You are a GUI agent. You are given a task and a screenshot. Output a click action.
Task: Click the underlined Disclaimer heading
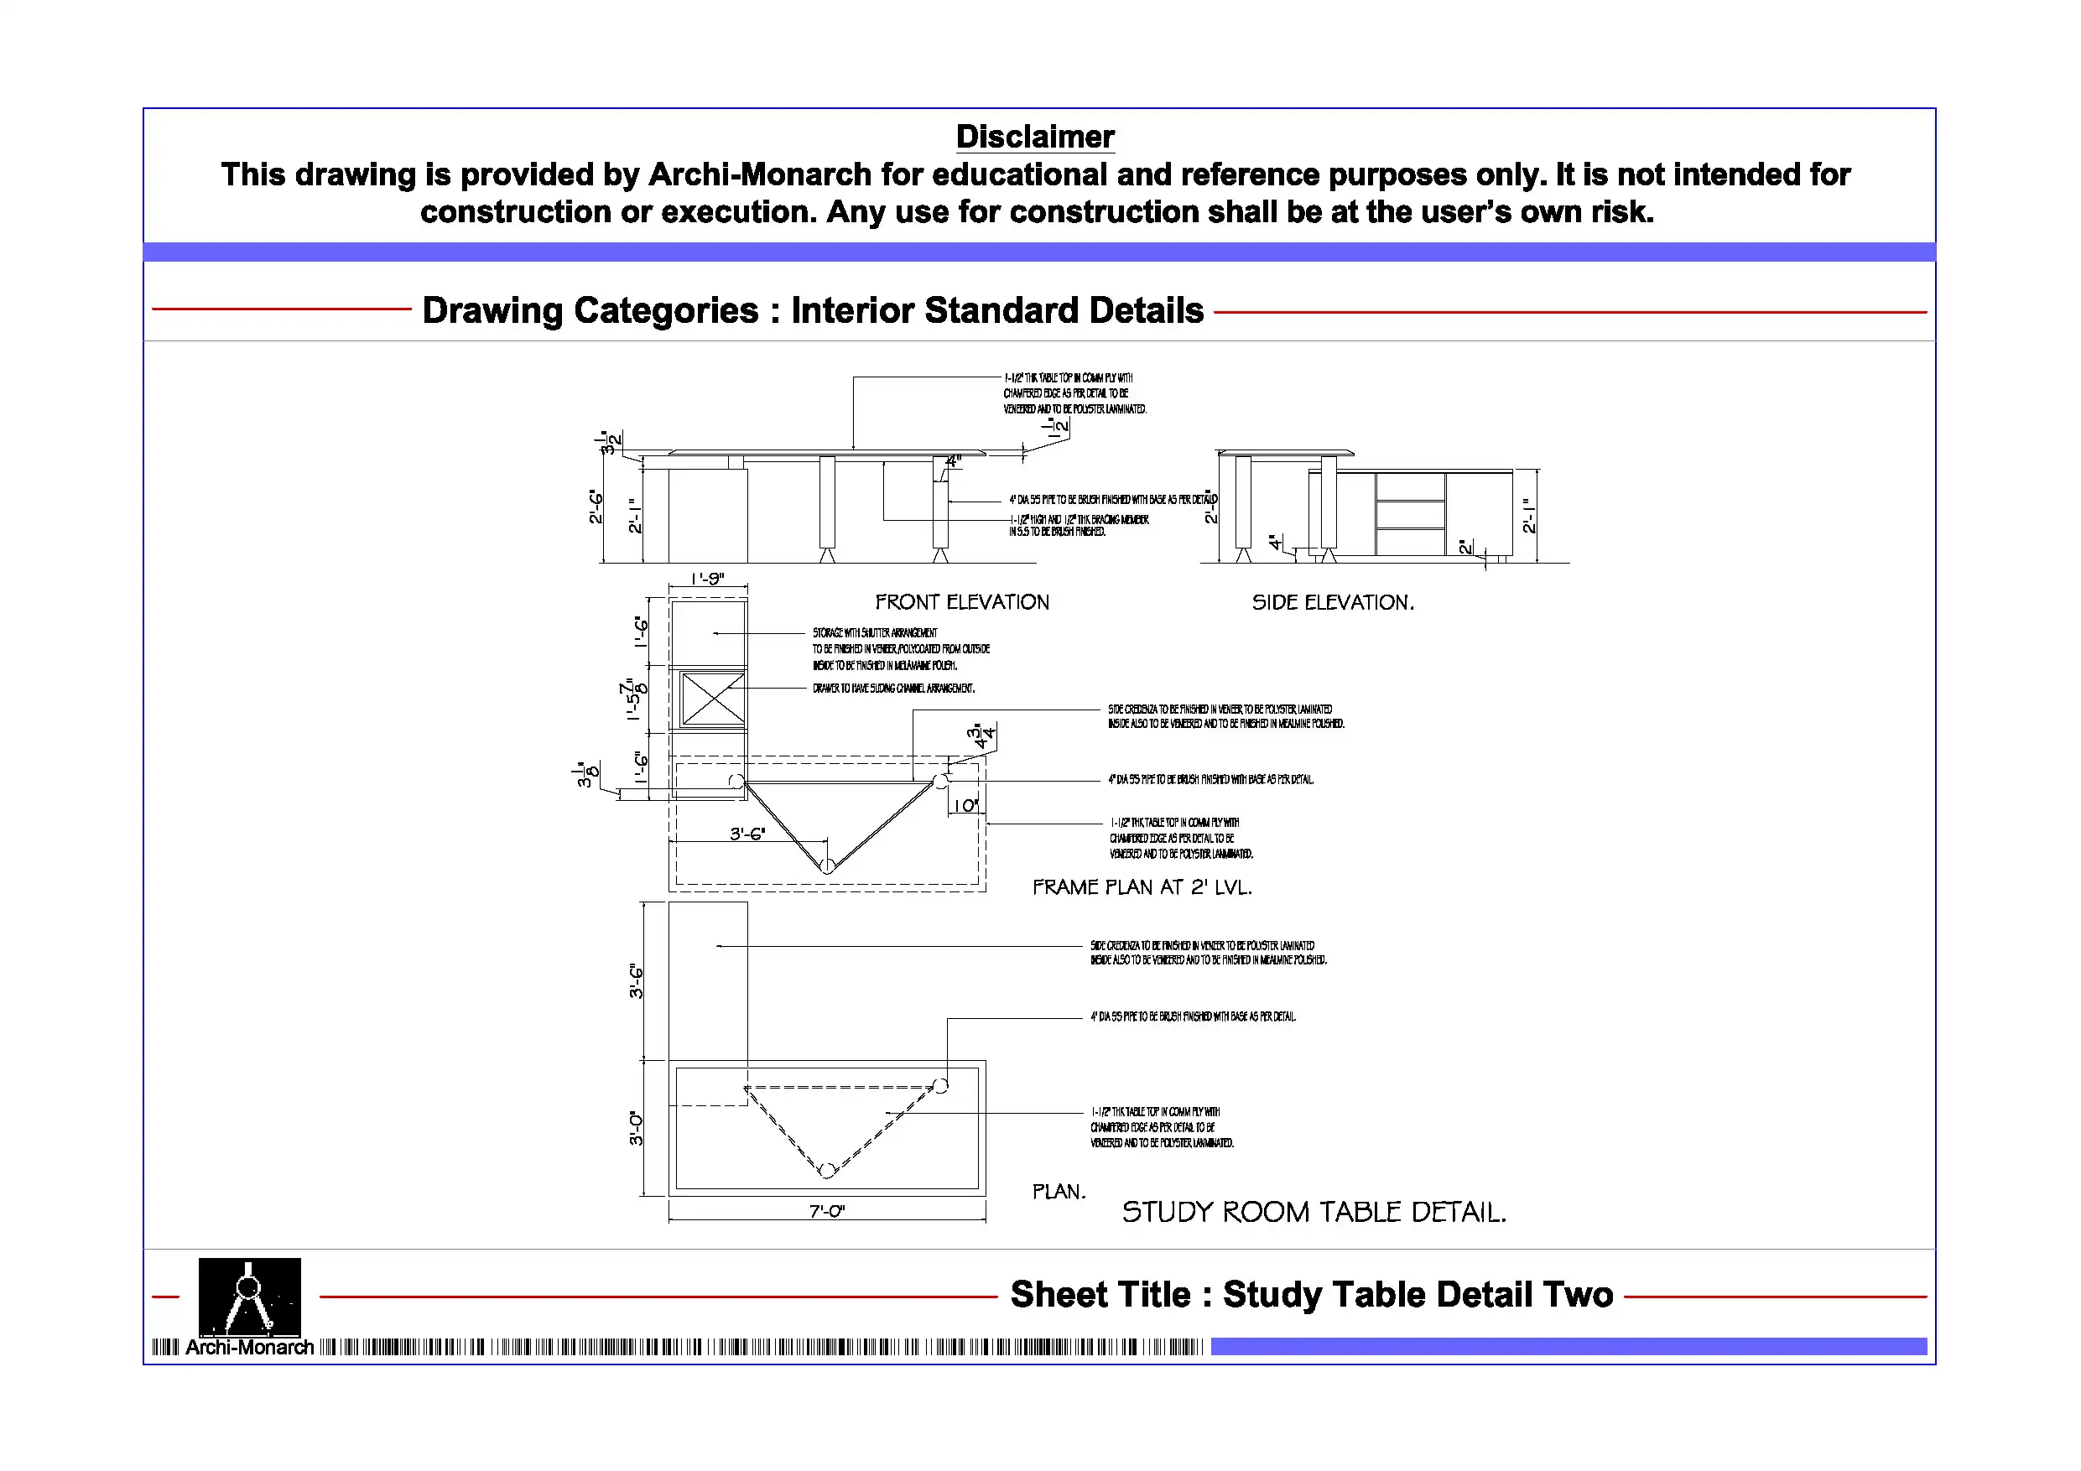(x=1034, y=137)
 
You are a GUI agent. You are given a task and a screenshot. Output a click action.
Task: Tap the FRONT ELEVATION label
(x=961, y=603)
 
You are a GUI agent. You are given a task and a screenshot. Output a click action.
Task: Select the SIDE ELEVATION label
(x=1332, y=603)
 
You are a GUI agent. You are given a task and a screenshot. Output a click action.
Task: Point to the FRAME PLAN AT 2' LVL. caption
(x=1142, y=887)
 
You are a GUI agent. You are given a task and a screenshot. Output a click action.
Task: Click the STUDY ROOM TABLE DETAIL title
(x=1314, y=1213)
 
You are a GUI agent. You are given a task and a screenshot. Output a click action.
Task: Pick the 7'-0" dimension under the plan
(x=826, y=1211)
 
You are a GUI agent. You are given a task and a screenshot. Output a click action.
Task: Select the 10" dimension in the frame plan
(x=965, y=806)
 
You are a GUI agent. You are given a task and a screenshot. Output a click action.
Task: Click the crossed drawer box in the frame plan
(x=712, y=699)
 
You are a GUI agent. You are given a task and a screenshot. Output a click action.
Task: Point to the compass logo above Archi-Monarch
(x=249, y=1296)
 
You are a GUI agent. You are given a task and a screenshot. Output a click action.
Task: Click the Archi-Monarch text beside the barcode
(x=249, y=1348)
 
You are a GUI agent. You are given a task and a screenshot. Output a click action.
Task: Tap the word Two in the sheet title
(x=1578, y=1294)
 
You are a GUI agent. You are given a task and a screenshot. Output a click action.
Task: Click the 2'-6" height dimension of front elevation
(x=596, y=507)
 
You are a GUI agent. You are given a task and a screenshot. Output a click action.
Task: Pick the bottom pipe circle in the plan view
(x=826, y=1170)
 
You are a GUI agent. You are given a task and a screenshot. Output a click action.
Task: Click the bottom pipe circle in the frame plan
(x=826, y=866)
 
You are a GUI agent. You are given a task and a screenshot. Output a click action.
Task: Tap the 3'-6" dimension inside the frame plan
(x=747, y=834)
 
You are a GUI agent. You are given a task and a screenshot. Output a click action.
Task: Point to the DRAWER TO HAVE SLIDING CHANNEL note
(x=892, y=689)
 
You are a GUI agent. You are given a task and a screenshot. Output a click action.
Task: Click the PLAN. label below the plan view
(x=1058, y=1192)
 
